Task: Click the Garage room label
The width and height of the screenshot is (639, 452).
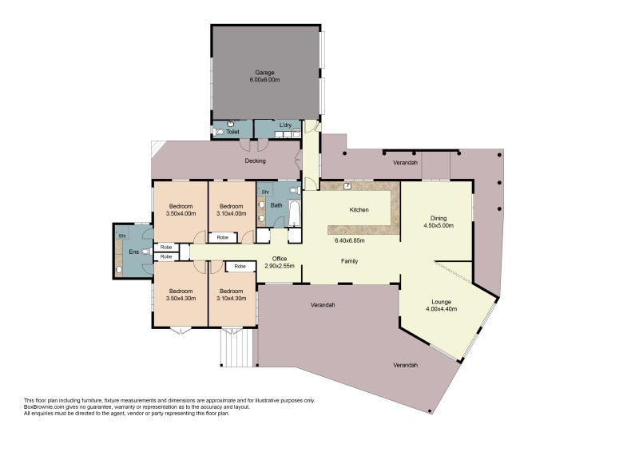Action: (x=265, y=73)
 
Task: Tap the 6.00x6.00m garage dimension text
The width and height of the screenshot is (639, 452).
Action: (x=265, y=80)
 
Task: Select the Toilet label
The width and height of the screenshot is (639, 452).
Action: (x=232, y=132)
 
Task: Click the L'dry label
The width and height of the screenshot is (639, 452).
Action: (x=285, y=125)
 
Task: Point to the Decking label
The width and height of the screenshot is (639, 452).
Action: (x=255, y=161)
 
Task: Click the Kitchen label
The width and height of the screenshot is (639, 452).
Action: (x=359, y=210)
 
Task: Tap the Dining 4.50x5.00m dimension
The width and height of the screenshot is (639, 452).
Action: (x=439, y=225)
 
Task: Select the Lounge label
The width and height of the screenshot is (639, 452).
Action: (x=442, y=302)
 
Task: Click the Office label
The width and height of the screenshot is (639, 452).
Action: (x=280, y=259)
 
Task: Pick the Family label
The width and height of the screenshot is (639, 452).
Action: (x=350, y=261)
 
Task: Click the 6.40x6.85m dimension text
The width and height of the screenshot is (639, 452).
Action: (x=350, y=240)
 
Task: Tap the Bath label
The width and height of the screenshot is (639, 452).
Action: (x=276, y=205)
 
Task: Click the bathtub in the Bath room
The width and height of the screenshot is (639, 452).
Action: (x=294, y=212)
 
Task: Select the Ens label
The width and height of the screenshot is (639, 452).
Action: (x=133, y=252)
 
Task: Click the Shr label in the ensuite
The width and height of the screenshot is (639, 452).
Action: (x=122, y=236)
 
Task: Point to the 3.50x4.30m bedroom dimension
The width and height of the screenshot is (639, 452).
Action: (x=181, y=299)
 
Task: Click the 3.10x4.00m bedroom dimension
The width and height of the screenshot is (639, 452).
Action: (x=232, y=213)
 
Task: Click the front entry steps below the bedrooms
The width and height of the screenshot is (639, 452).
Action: (x=237, y=347)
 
